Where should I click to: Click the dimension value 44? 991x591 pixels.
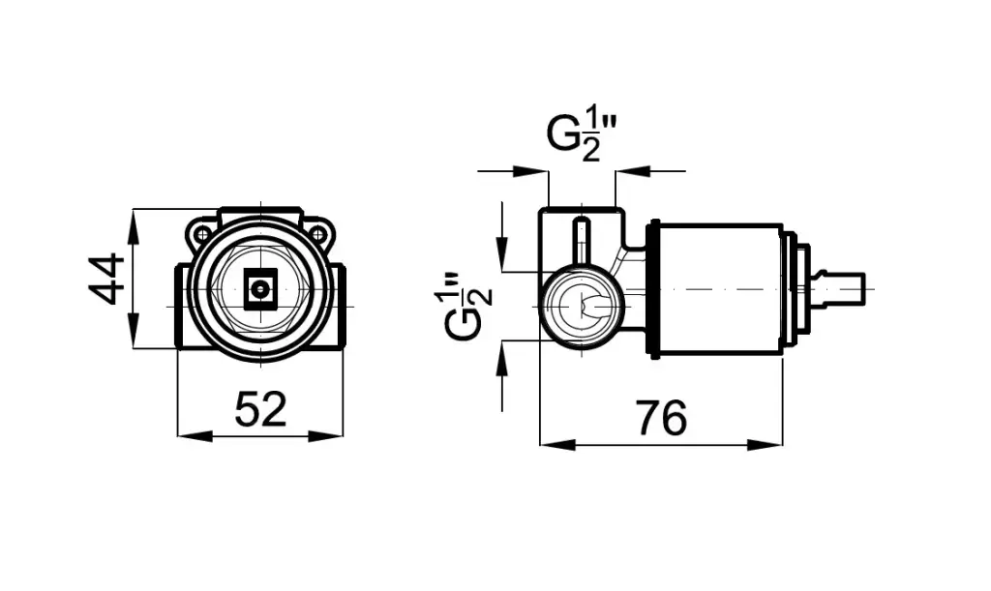[106, 280]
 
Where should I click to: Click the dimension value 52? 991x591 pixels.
[260, 409]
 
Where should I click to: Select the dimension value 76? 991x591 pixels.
[661, 418]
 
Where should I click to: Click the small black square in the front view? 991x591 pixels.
[260, 290]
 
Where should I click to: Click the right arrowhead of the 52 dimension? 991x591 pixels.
[326, 435]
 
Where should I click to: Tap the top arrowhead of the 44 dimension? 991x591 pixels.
[134, 227]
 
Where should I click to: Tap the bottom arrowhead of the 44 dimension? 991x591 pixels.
[134, 330]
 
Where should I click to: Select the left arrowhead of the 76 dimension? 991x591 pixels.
[558, 445]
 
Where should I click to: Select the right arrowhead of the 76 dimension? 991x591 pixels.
[765, 445]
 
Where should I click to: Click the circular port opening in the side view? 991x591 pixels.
[582, 307]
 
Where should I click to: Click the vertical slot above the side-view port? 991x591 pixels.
[582, 241]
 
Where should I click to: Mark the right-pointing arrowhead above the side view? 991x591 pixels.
[531, 171]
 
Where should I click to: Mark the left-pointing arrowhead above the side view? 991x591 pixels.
[633, 171]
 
